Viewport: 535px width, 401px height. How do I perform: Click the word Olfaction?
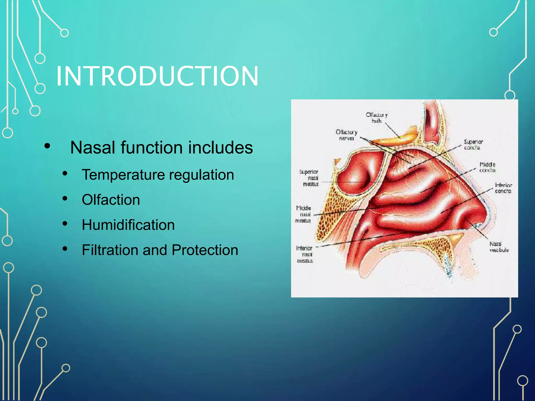tap(111, 200)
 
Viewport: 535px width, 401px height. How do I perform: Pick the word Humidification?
tap(128, 225)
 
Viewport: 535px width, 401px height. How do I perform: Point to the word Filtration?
tap(110, 250)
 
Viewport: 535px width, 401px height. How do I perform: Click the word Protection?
tap(205, 250)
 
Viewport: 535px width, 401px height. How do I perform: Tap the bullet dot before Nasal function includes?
tap(47, 146)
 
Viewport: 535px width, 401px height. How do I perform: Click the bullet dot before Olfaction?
tap(65, 198)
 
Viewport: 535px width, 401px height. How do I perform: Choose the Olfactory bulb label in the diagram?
tap(377, 118)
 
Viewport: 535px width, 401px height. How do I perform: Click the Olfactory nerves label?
tap(346, 135)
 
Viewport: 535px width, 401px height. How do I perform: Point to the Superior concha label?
tap(473, 145)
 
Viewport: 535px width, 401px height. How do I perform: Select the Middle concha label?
tap(487, 167)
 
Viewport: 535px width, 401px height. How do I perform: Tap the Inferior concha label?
tap(503, 188)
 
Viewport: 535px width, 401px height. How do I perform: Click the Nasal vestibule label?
tap(499, 247)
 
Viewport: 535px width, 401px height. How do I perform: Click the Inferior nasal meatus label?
tap(305, 254)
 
